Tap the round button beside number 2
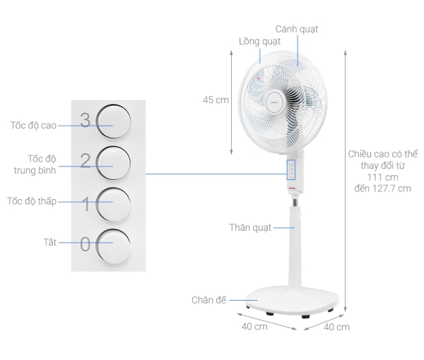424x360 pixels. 113,163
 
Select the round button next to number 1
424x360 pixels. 113,205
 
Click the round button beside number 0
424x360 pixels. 113,246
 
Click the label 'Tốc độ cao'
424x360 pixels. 33,126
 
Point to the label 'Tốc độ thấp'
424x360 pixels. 32,201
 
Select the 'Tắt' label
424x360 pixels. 49,242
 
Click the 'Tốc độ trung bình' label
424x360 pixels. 35,164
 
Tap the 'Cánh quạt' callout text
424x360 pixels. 297,29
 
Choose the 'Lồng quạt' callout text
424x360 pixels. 259,42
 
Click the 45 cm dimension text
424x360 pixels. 216,100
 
